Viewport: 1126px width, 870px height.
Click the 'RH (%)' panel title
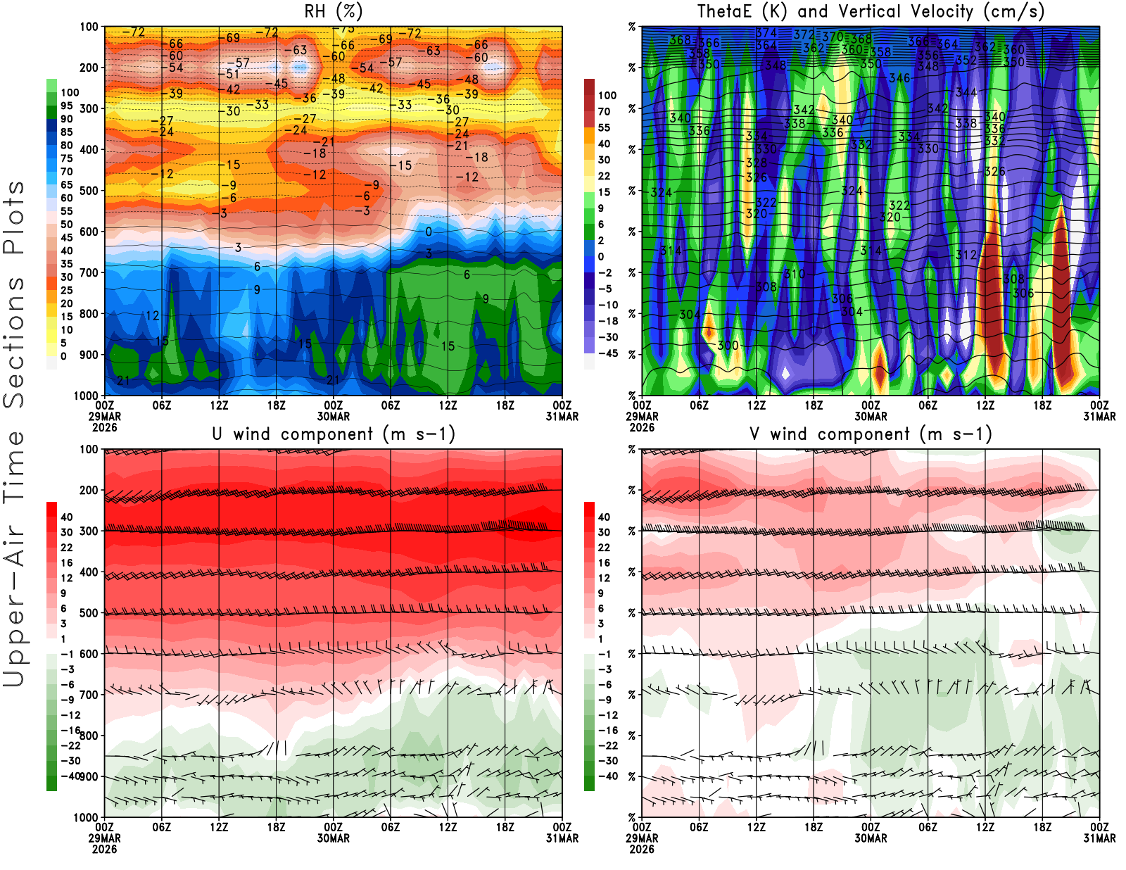pyautogui.click(x=333, y=11)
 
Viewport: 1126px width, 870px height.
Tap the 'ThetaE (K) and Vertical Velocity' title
pyautogui.click(x=871, y=11)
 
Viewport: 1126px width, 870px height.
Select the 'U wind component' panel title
pyautogui.click(x=333, y=434)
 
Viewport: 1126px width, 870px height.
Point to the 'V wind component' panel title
pyautogui.click(x=871, y=434)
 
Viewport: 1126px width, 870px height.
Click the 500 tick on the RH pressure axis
pyautogui.click(x=89, y=191)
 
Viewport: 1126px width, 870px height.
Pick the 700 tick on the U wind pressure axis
pyautogui.click(x=89, y=695)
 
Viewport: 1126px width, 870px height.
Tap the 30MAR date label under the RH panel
pyautogui.click(x=333, y=416)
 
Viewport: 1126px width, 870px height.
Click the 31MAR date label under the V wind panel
pyautogui.click(x=1099, y=838)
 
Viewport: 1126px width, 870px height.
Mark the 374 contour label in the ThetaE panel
pyautogui.click(x=766, y=33)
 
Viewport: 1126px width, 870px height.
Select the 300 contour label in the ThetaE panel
pyautogui.click(x=728, y=346)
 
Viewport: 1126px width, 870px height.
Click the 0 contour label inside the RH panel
pyautogui.click(x=429, y=232)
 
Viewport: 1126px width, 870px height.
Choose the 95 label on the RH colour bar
pyautogui.click(x=67, y=106)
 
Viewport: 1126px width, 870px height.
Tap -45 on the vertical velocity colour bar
pyautogui.click(x=607, y=353)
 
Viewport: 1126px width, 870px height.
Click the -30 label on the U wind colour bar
pyautogui.click(x=70, y=761)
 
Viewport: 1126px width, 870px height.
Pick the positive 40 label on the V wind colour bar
pyautogui.click(x=604, y=517)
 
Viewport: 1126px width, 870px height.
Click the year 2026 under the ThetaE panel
pyautogui.click(x=642, y=427)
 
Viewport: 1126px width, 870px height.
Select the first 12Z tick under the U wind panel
pyautogui.click(x=219, y=827)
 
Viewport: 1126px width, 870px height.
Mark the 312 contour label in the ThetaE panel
pyautogui.click(x=966, y=255)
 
